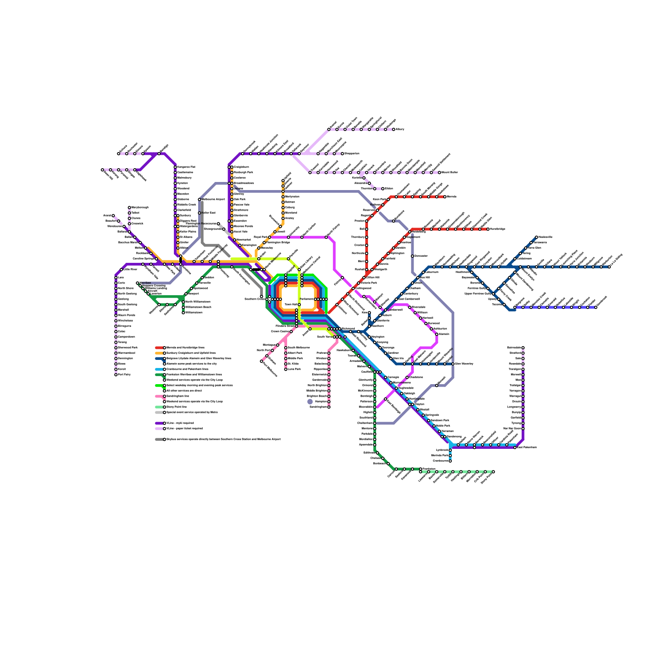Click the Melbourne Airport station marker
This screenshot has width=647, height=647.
point(199,199)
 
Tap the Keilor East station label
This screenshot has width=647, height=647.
point(208,213)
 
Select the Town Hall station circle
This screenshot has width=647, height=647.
point(299,304)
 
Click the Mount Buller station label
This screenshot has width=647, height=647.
point(450,173)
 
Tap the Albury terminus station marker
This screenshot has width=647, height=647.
point(393,129)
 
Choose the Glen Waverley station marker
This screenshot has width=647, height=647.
point(453,364)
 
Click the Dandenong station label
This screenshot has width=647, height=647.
point(454,437)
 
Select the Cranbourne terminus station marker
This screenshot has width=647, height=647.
point(450,461)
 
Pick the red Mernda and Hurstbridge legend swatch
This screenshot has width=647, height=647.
point(160,348)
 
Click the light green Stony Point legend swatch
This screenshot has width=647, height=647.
point(160,407)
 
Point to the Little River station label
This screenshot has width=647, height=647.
point(130,269)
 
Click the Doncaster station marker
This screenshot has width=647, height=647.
point(412,256)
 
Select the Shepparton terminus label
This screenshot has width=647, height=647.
point(352,154)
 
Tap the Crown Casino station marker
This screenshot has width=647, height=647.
point(291,332)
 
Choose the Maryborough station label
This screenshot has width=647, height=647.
point(140,207)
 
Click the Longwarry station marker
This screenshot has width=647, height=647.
point(523,407)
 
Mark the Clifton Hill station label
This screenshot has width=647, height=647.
point(373,278)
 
